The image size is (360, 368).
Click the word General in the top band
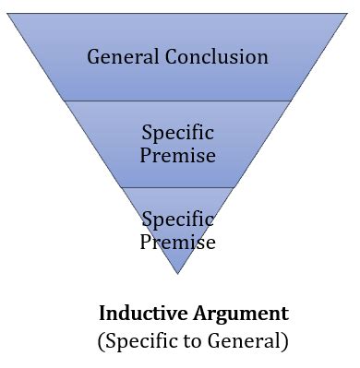click(122, 57)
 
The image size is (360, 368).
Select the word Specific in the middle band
click(177, 132)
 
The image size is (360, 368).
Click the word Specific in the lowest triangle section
click(177, 220)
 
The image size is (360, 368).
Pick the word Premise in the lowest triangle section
click(177, 242)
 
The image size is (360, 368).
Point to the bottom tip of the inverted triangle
click(177, 273)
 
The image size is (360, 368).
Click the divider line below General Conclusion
click(177, 101)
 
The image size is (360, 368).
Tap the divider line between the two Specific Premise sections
click(177, 187)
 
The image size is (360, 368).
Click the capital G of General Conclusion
click(94, 57)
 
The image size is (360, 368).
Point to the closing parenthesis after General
click(285, 340)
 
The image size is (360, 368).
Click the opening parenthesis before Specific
click(101, 340)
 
